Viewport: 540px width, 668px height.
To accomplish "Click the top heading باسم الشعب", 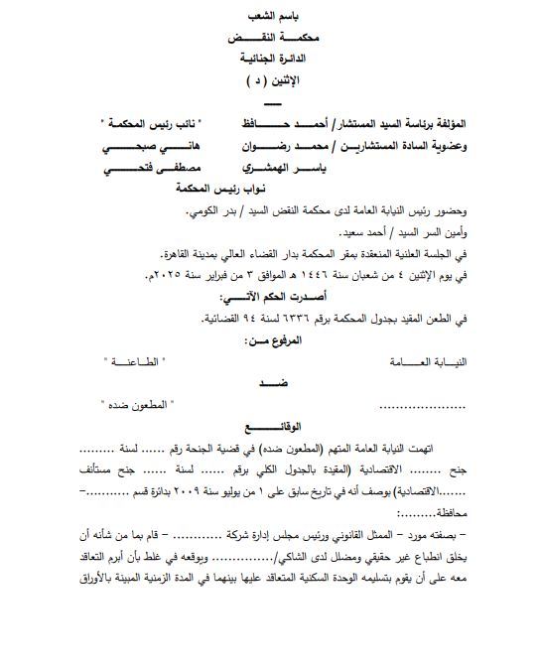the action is [x=273, y=18].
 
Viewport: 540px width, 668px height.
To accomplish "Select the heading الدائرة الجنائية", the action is [x=273, y=59].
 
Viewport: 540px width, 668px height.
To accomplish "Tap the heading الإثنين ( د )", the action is [x=273, y=78].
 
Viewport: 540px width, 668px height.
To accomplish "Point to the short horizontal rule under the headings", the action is [x=273, y=104].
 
